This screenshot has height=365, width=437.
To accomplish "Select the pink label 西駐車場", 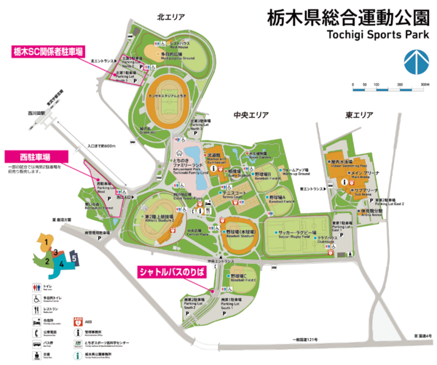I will [x=36, y=156].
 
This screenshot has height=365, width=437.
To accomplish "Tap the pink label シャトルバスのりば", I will [x=173, y=271].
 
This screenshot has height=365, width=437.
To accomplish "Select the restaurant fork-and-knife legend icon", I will [x=38, y=309].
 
